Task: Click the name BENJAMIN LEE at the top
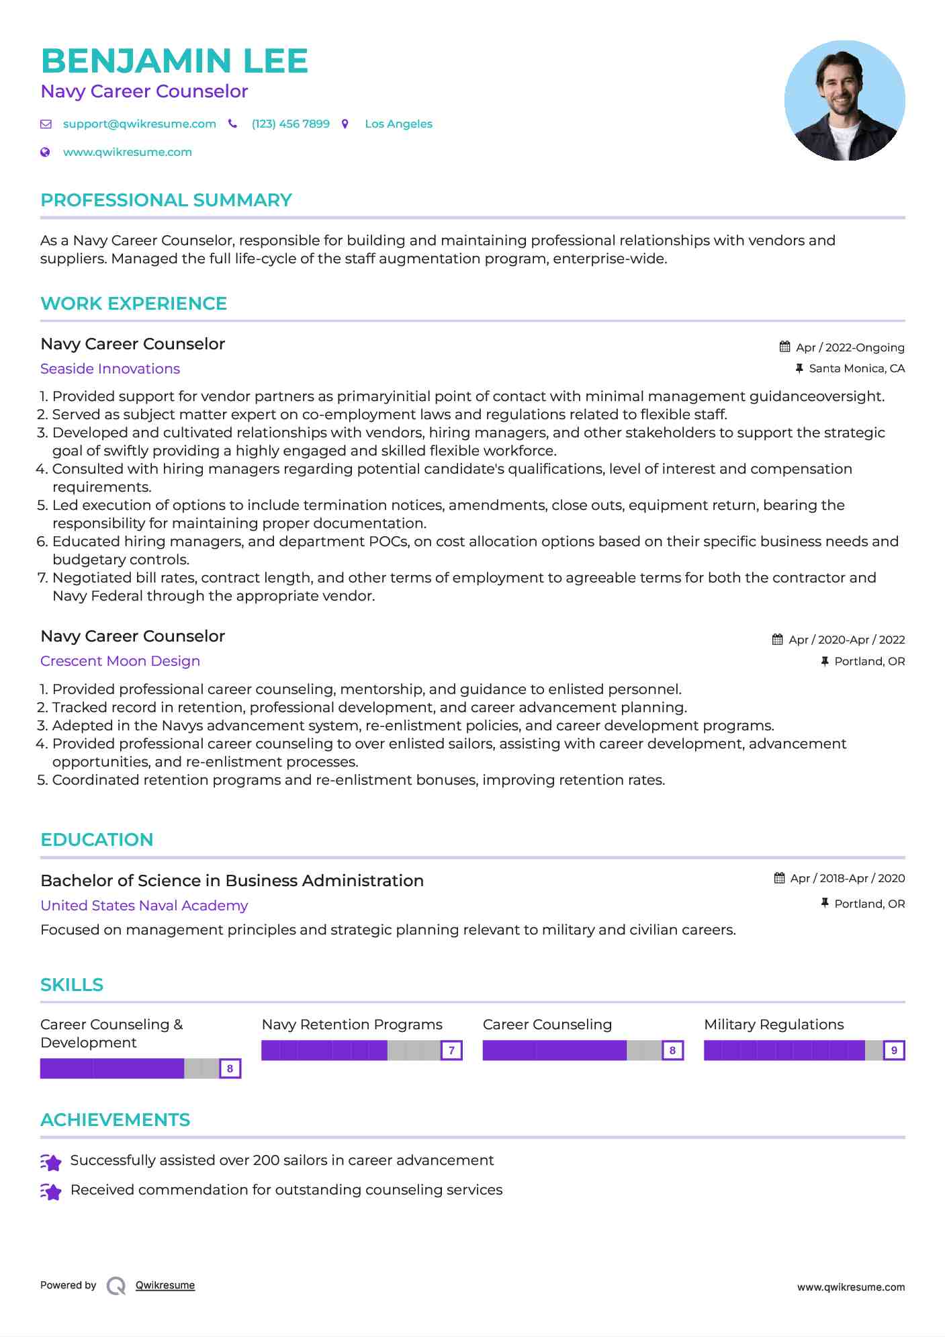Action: [174, 61]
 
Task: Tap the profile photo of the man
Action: [844, 101]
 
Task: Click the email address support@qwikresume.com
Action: [139, 124]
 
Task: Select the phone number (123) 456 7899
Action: [290, 124]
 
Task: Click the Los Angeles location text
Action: [398, 124]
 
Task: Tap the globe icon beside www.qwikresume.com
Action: [46, 153]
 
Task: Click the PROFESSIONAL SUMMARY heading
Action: [166, 200]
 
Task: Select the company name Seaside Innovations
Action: [110, 369]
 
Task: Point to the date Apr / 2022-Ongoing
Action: [850, 347]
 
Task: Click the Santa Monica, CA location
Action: [856, 368]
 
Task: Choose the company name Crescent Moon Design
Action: [120, 661]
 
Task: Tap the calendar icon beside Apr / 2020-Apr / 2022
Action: [777, 640]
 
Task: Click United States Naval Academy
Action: [144, 906]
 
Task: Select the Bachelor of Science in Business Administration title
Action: [232, 881]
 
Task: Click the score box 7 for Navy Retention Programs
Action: [451, 1050]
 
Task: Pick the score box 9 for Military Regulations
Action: [893, 1050]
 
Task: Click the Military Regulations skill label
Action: [774, 1025]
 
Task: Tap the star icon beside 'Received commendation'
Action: [51, 1191]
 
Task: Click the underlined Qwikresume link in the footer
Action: [165, 1285]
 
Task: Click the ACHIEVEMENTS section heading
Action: [115, 1120]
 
